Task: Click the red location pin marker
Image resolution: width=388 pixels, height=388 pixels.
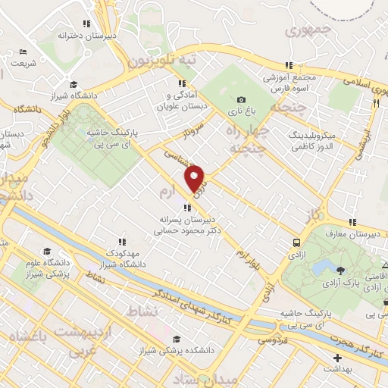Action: (195, 179)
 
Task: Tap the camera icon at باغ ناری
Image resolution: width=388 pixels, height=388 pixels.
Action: (241, 99)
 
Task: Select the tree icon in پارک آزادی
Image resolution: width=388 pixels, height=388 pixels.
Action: (338, 269)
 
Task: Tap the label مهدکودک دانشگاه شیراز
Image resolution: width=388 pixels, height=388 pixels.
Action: (120, 258)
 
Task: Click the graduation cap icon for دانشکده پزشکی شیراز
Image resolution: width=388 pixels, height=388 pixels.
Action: (177, 339)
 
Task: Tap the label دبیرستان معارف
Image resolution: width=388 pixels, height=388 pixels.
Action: (354, 234)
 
